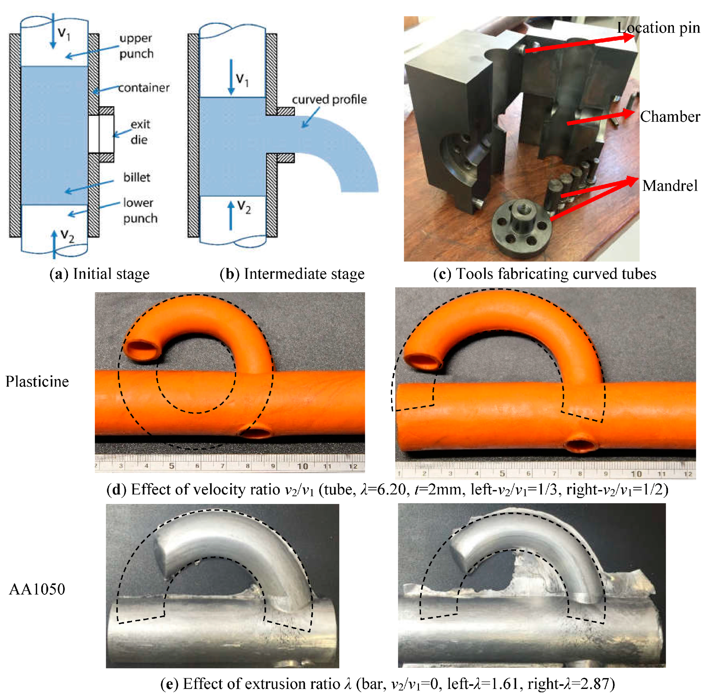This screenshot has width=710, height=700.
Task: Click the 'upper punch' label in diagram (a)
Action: pos(136,46)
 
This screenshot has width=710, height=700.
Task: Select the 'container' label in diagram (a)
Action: pos(144,87)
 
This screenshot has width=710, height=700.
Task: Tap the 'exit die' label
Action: pos(140,132)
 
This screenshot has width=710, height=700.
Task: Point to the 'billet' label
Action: pos(137,177)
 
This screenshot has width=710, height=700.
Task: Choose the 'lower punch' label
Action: pos(140,210)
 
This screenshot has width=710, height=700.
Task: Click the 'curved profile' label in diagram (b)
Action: pos(329,99)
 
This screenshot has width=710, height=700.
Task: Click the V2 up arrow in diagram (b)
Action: pos(231,216)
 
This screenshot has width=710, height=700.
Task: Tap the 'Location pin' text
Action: pos(658,28)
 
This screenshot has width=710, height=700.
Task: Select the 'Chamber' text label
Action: pos(669,117)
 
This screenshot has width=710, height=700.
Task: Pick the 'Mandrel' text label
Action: pos(669,186)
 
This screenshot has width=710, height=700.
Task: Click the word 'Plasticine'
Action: pos(37,382)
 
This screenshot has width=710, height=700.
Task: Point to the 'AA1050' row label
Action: pos(37,589)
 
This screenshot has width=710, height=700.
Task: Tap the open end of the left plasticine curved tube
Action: pos(143,350)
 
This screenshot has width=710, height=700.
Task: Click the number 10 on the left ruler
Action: pos(302,466)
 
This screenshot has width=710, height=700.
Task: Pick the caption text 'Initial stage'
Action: pos(111,274)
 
